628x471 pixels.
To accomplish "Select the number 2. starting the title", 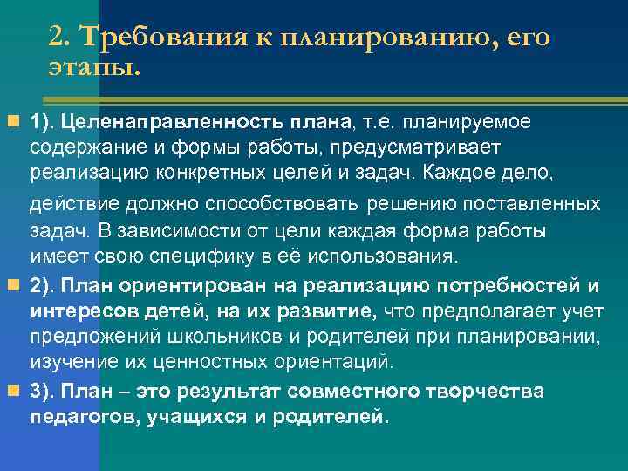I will click(x=60, y=38).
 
